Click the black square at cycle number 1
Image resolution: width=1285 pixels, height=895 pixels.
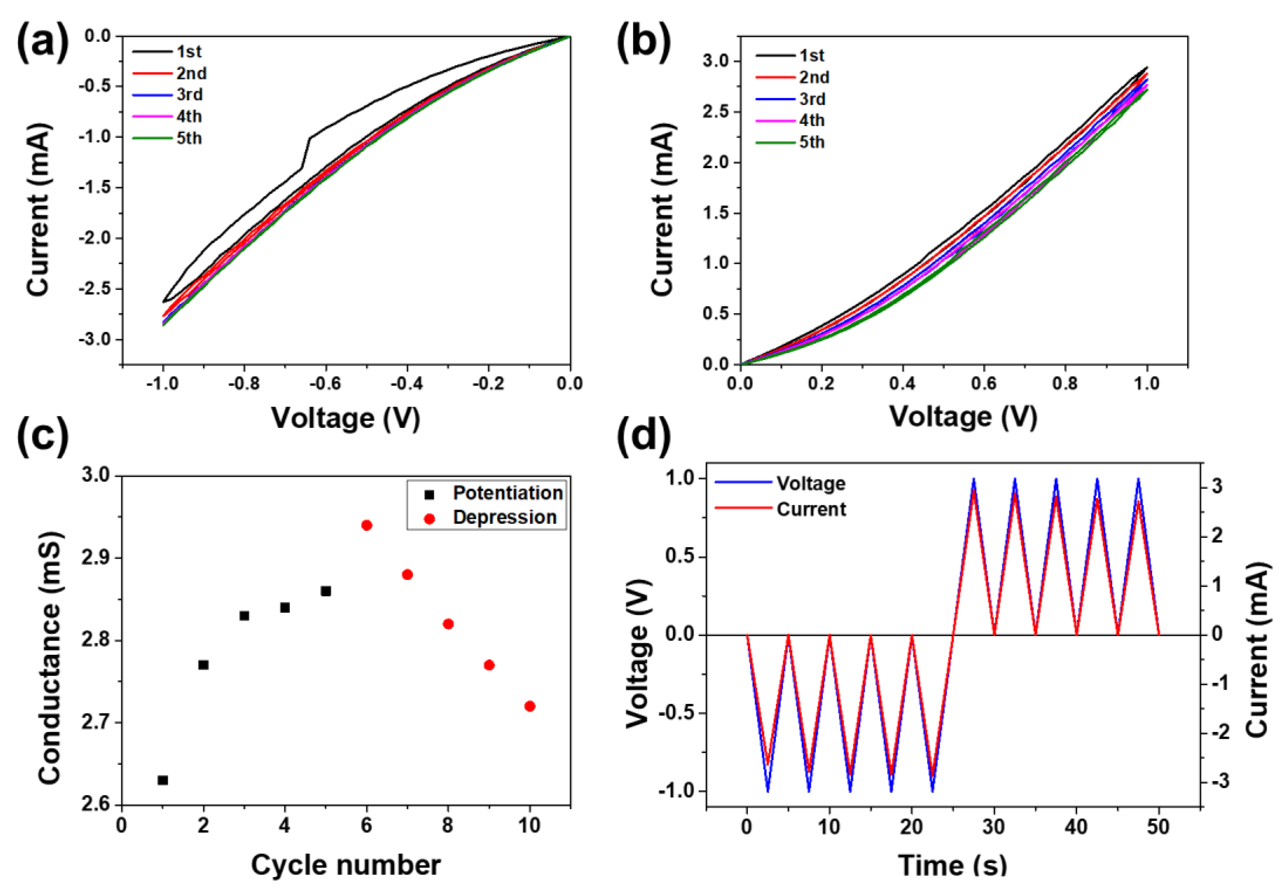(x=163, y=780)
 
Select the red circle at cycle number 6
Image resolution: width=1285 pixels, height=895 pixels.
(x=367, y=525)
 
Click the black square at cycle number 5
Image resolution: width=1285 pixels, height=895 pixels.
(x=326, y=591)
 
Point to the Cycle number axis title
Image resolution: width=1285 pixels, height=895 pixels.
(x=345, y=865)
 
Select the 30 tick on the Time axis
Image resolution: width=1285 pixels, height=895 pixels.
(x=994, y=826)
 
